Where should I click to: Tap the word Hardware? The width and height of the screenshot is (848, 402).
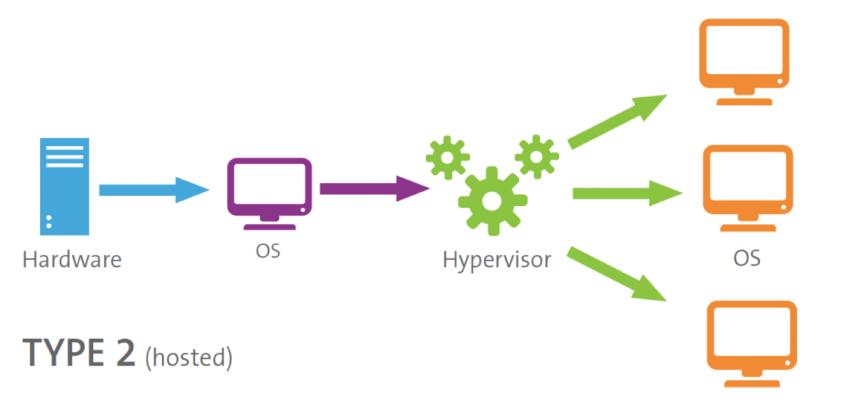tap(71, 260)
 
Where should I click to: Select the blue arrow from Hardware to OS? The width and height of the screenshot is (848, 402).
tap(152, 188)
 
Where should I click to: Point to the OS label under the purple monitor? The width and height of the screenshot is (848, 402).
tap(267, 249)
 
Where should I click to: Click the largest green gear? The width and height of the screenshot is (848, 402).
tap(491, 199)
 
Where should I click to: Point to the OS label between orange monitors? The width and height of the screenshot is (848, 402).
tap(745, 258)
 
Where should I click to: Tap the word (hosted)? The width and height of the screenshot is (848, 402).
tap(189, 356)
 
